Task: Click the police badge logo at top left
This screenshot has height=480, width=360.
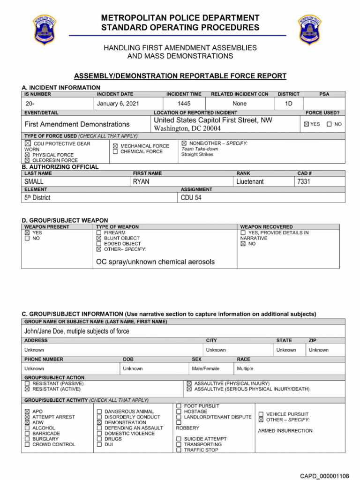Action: (x=44, y=30)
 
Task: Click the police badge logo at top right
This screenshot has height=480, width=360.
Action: (x=310, y=30)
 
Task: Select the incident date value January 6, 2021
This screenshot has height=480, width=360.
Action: (x=118, y=104)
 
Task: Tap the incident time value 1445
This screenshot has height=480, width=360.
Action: (x=184, y=104)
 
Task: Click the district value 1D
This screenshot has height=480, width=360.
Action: (x=289, y=104)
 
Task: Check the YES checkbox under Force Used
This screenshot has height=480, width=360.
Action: (x=307, y=124)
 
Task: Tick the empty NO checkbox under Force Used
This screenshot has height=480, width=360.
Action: (x=329, y=124)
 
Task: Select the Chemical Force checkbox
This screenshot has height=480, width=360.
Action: (x=115, y=152)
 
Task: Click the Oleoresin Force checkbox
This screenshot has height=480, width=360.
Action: (x=27, y=160)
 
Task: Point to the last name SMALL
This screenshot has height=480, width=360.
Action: (x=34, y=181)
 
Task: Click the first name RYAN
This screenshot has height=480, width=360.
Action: (x=141, y=181)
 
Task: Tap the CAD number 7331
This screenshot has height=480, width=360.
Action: (x=304, y=181)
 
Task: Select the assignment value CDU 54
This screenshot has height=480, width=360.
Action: (x=191, y=198)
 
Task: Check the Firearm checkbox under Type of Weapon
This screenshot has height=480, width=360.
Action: (x=99, y=232)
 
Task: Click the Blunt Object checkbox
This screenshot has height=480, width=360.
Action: (x=99, y=238)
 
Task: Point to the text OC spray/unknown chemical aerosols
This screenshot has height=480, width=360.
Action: (x=155, y=262)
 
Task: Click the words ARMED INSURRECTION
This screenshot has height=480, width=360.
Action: (x=285, y=431)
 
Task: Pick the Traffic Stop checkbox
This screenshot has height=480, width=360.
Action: (x=179, y=450)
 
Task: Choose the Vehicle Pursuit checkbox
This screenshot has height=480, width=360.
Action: (x=261, y=414)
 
